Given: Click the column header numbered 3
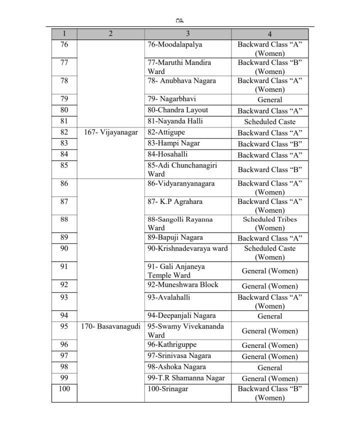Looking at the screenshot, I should pyautogui.click(x=187, y=34).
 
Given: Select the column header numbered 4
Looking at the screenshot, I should pyautogui.click(x=269, y=34).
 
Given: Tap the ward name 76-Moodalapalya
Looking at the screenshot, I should pyautogui.click(x=174, y=44).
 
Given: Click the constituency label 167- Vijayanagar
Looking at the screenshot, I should pyautogui.click(x=110, y=132).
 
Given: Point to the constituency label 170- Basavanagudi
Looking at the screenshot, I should pyautogui.click(x=110, y=326).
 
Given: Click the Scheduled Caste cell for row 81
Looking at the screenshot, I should pyautogui.click(x=269, y=121).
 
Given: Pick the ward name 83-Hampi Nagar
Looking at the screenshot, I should pyautogui.click(x=173, y=143).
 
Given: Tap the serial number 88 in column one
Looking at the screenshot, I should pyautogui.click(x=64, y=219).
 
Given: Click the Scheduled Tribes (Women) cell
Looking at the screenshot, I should pyautogui.click(x=269, y=223).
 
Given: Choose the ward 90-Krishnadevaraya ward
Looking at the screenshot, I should pyautogui.click(x=187, y=248).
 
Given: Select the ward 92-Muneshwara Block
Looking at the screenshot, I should pyautogui.click(x=182, y=285).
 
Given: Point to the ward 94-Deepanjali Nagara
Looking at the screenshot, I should pyautogui.click(x=181, y=316).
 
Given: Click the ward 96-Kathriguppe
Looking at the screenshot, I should pyautogui.click(x=172, y=345).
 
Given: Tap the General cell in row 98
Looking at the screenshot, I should pyautogui.click(x=269, y=367).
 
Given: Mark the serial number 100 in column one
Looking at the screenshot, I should pyautogui.click(x=64, y=388).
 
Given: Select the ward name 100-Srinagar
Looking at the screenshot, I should pyautogui.click(x=167, y=388).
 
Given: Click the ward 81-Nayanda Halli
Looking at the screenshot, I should pyautogui.click(x=175, y=121).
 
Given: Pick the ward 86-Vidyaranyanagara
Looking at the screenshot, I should pyautogui.click(x=180, y=183).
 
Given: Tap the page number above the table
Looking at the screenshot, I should pyautogui.click(x=180, y=20).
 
